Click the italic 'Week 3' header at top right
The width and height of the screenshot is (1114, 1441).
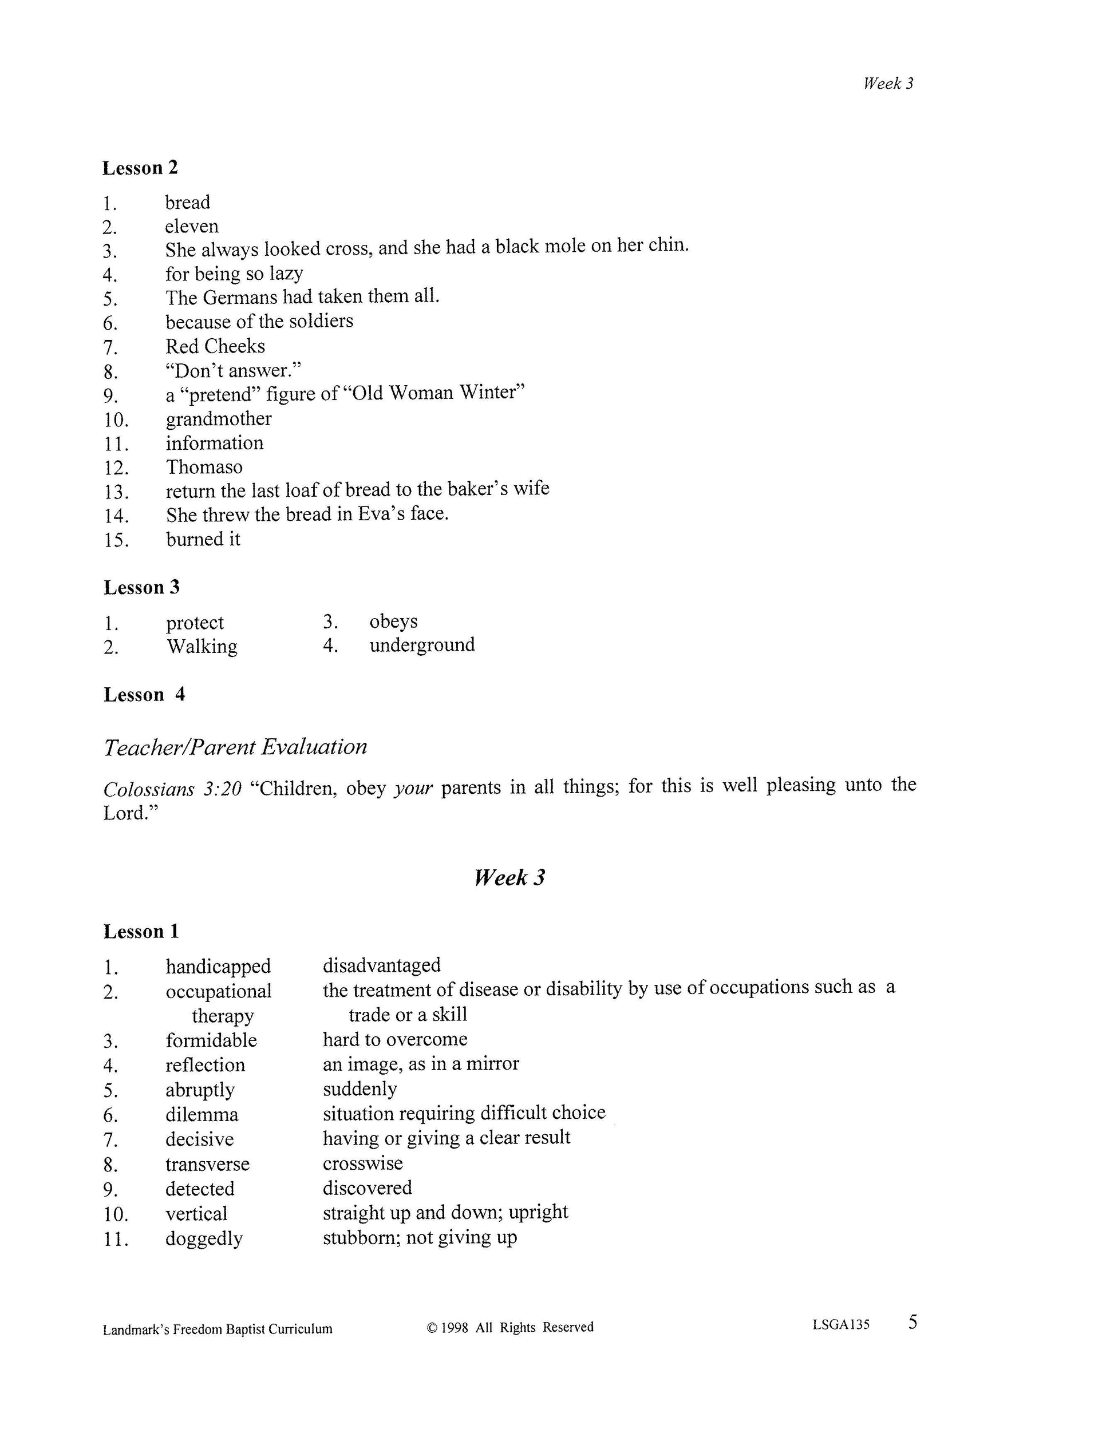tap(888, 84)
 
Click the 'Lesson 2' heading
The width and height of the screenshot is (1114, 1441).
tap(140, 168)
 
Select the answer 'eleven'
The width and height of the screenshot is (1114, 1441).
tap(191, 226)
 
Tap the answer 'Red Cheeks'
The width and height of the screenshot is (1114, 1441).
tap(215, 346)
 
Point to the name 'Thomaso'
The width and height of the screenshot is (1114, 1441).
tap(204, 467)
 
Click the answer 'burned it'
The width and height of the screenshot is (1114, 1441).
tap(203, 539)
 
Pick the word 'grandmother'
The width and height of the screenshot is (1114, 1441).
tap(219, 419)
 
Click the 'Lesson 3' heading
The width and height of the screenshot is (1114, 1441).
tap(141, 587)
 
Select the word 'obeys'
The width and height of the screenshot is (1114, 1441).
tap(393, 621)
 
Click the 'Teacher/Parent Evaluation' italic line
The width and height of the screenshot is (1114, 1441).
tap(235, 747)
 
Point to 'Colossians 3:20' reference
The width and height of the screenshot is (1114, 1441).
tap(172, 789)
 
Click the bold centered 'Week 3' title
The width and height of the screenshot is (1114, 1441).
tap(509, 877)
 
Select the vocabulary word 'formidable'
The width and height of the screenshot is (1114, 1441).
tap(211, 1040)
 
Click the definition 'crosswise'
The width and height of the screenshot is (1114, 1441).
tap(362, 1162)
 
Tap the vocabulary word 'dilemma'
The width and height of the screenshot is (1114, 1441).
tap(202, 1115)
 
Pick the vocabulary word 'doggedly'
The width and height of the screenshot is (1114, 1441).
tap(204, 1238)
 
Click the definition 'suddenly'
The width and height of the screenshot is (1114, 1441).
tap(360, 1088)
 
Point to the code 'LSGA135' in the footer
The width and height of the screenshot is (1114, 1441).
tap(841, 1324)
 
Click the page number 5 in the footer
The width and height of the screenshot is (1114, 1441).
tap(912, 1322)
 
